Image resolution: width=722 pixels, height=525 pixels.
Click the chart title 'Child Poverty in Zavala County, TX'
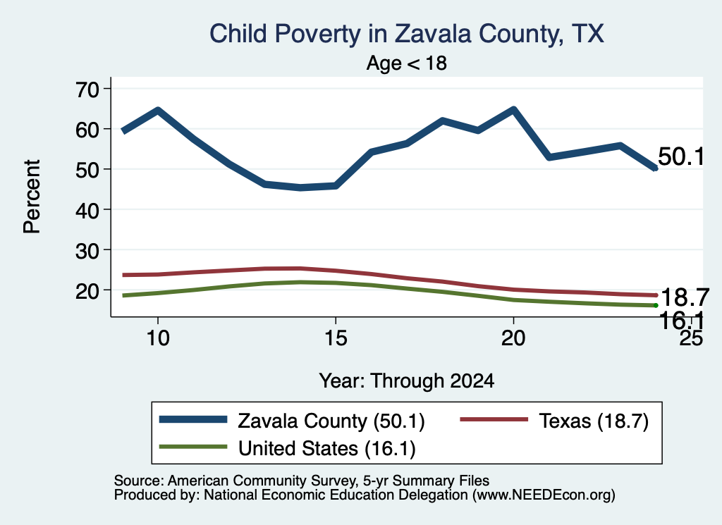tap(407, 34)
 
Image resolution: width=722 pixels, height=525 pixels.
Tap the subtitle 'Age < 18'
tap(407, 63)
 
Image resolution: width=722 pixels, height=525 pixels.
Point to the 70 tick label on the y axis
tap(87, 89)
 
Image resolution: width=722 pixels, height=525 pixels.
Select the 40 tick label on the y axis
tap(87, 210)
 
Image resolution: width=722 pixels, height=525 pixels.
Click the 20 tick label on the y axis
tap(87, 290)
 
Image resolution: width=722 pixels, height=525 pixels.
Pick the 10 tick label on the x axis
tap(158, 338)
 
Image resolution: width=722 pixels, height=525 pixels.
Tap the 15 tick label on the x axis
tap(336, 338)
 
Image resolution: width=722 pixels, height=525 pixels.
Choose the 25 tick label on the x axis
tap(691, 338)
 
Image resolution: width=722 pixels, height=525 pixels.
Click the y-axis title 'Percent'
tap(32, 197)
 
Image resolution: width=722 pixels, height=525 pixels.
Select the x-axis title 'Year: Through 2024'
tap(407, 381)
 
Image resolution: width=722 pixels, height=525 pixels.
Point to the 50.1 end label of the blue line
tap(681, 156)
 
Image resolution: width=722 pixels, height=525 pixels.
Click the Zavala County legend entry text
tap(331, 421)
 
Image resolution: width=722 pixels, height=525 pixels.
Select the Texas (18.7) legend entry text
tap(594, 421)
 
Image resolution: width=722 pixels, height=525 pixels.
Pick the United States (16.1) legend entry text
tap(327, 448)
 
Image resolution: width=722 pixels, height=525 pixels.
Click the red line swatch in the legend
tap(494, 419)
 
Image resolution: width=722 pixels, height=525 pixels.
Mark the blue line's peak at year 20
tap(513, 109)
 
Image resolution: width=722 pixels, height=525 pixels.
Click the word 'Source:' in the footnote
tap(139, 481)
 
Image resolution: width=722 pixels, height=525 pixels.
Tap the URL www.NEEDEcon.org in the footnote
tap(544, 495)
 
